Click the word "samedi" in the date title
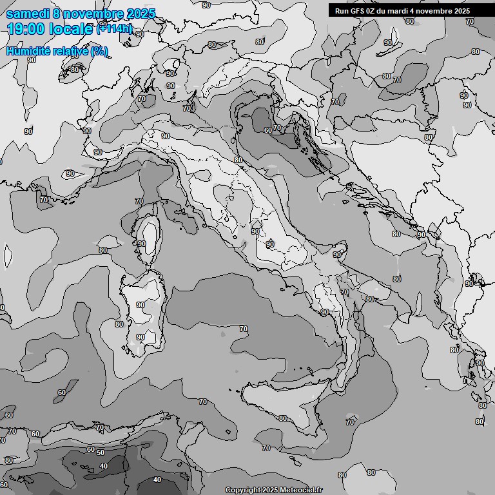click(28, 13)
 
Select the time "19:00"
click(26, 29)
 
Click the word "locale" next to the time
click(72, 29)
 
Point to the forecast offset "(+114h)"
click(115, 28)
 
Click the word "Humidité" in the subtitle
click(30, 51)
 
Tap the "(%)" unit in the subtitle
click(99, 51)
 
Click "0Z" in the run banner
click(371, 11)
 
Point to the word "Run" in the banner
click(342, 11)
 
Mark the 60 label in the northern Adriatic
click(267, 130)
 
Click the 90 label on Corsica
click(142, 244)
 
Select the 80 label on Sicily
click(283, 418)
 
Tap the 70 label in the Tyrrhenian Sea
click(243, 329)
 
